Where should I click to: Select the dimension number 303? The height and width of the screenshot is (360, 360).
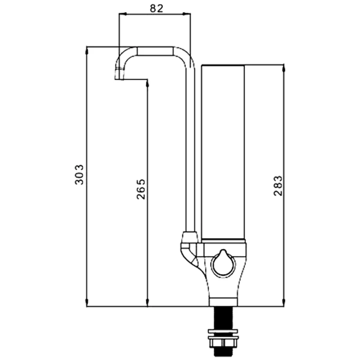coord(80,175)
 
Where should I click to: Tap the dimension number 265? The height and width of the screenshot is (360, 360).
coord(141,189)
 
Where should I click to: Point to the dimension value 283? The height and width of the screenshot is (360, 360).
coord(278,185)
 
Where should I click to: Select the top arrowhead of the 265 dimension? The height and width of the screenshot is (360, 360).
coord(148,83)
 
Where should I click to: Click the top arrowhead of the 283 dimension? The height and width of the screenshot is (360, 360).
coord(284,67)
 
